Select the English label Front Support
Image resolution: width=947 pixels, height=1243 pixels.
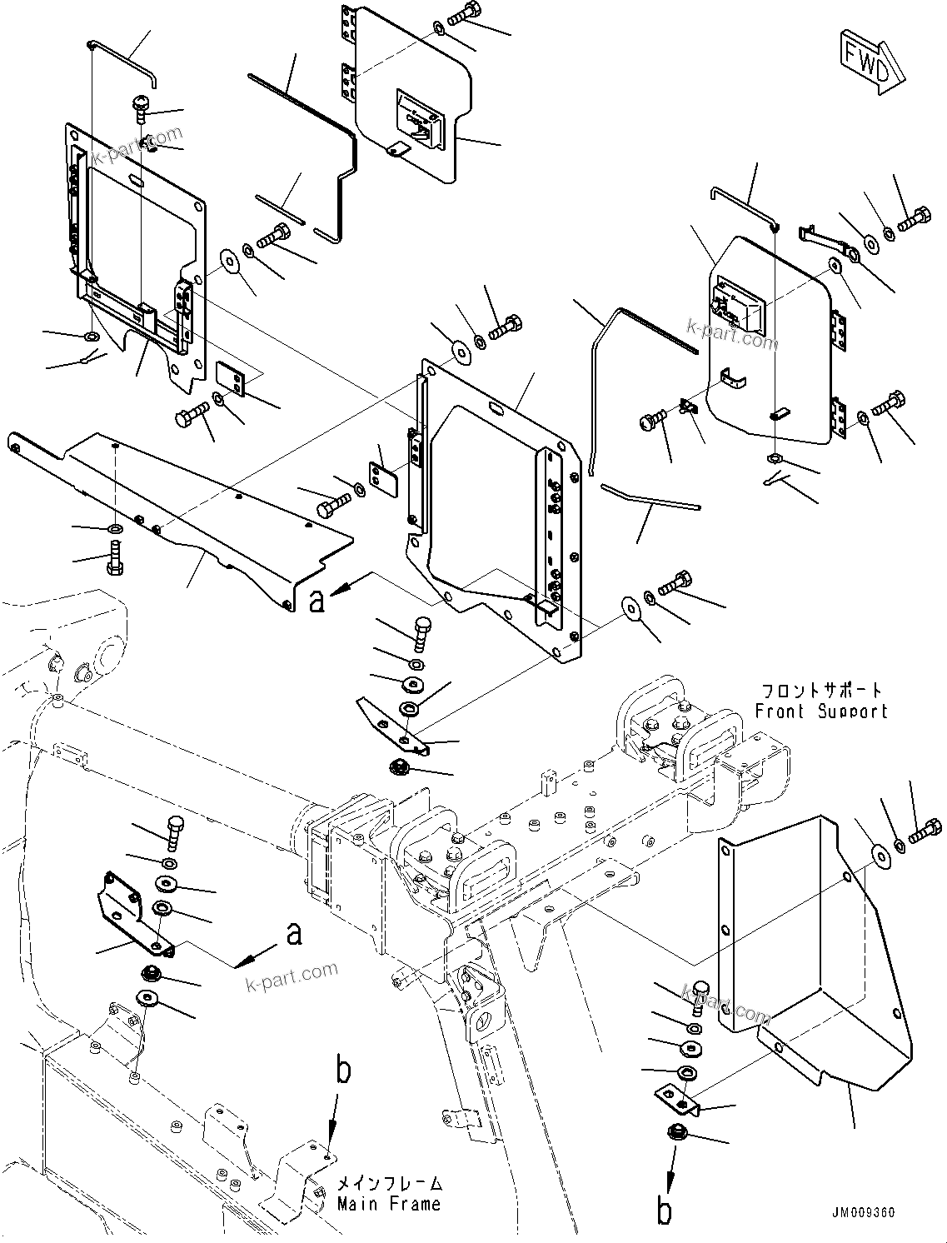pyautogui.click(x=820, y=711)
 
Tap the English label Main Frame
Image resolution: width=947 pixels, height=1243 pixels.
pyautogui.click(x=389, y=1204)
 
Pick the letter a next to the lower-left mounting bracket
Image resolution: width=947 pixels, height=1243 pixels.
pyautogui.click(x=293, y=935)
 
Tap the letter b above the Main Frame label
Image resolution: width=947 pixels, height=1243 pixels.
pyautogui.click(x=343, y=1071)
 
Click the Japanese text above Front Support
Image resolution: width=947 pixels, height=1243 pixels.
pyautogui.click(x=820, y=691)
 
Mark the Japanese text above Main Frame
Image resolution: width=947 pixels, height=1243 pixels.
pyautogui.click(x=389, y=1184)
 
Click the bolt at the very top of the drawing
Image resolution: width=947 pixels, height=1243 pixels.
pyautogui.click(x=462, y=13)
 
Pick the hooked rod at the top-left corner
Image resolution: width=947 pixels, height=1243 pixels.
pyautogui.click(x=123, y=60)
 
